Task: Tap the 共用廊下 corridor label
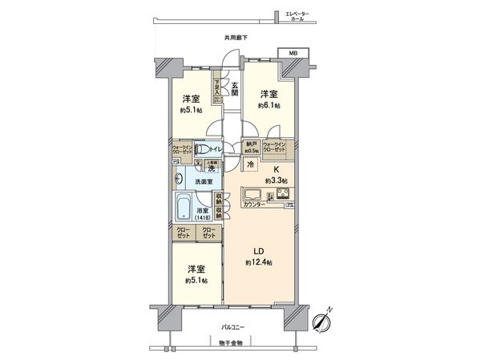point(235,38)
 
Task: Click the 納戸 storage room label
point(253,147)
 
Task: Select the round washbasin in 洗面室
point(178,180)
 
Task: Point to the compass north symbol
point(320,319)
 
